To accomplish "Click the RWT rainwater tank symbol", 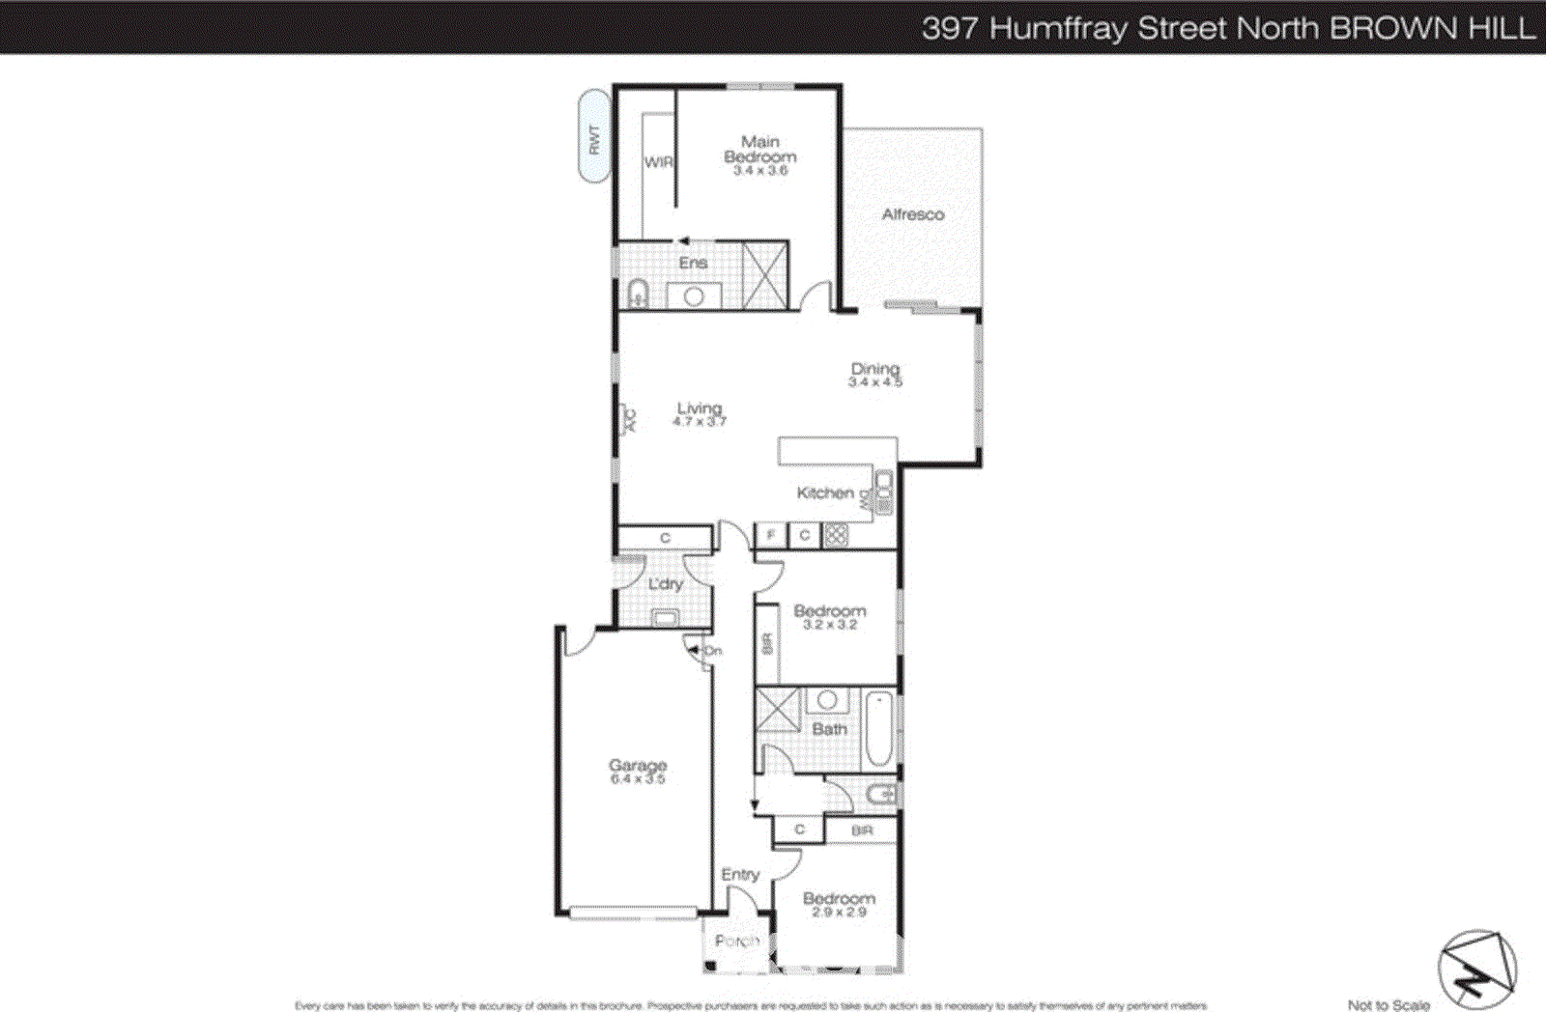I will coord(594,136).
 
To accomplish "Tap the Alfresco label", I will coord(912,214).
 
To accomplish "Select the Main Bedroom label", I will coord(760,150).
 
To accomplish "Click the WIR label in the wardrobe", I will coord(658,162).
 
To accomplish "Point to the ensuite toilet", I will coord(637,294).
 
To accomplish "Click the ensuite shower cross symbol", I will coord(764,275).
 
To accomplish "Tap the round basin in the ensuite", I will coord(693,297).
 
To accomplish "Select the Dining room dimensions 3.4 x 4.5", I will coord(875,382).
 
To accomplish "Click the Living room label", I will coord(699,408).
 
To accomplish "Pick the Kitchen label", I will coord(825,493).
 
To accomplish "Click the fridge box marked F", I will coord(770,535).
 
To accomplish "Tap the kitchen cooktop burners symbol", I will coord(836,535).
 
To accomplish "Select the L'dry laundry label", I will coord(666,584).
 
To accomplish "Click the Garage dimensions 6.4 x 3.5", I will coord(638,779).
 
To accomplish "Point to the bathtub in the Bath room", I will coord(879,729).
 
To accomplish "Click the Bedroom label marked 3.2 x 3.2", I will coord(830,611).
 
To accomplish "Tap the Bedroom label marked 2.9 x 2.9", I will coord(839,899).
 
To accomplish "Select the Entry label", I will coord(740,875).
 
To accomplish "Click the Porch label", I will coord(736,941).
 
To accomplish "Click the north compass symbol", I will coord(1476,970).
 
